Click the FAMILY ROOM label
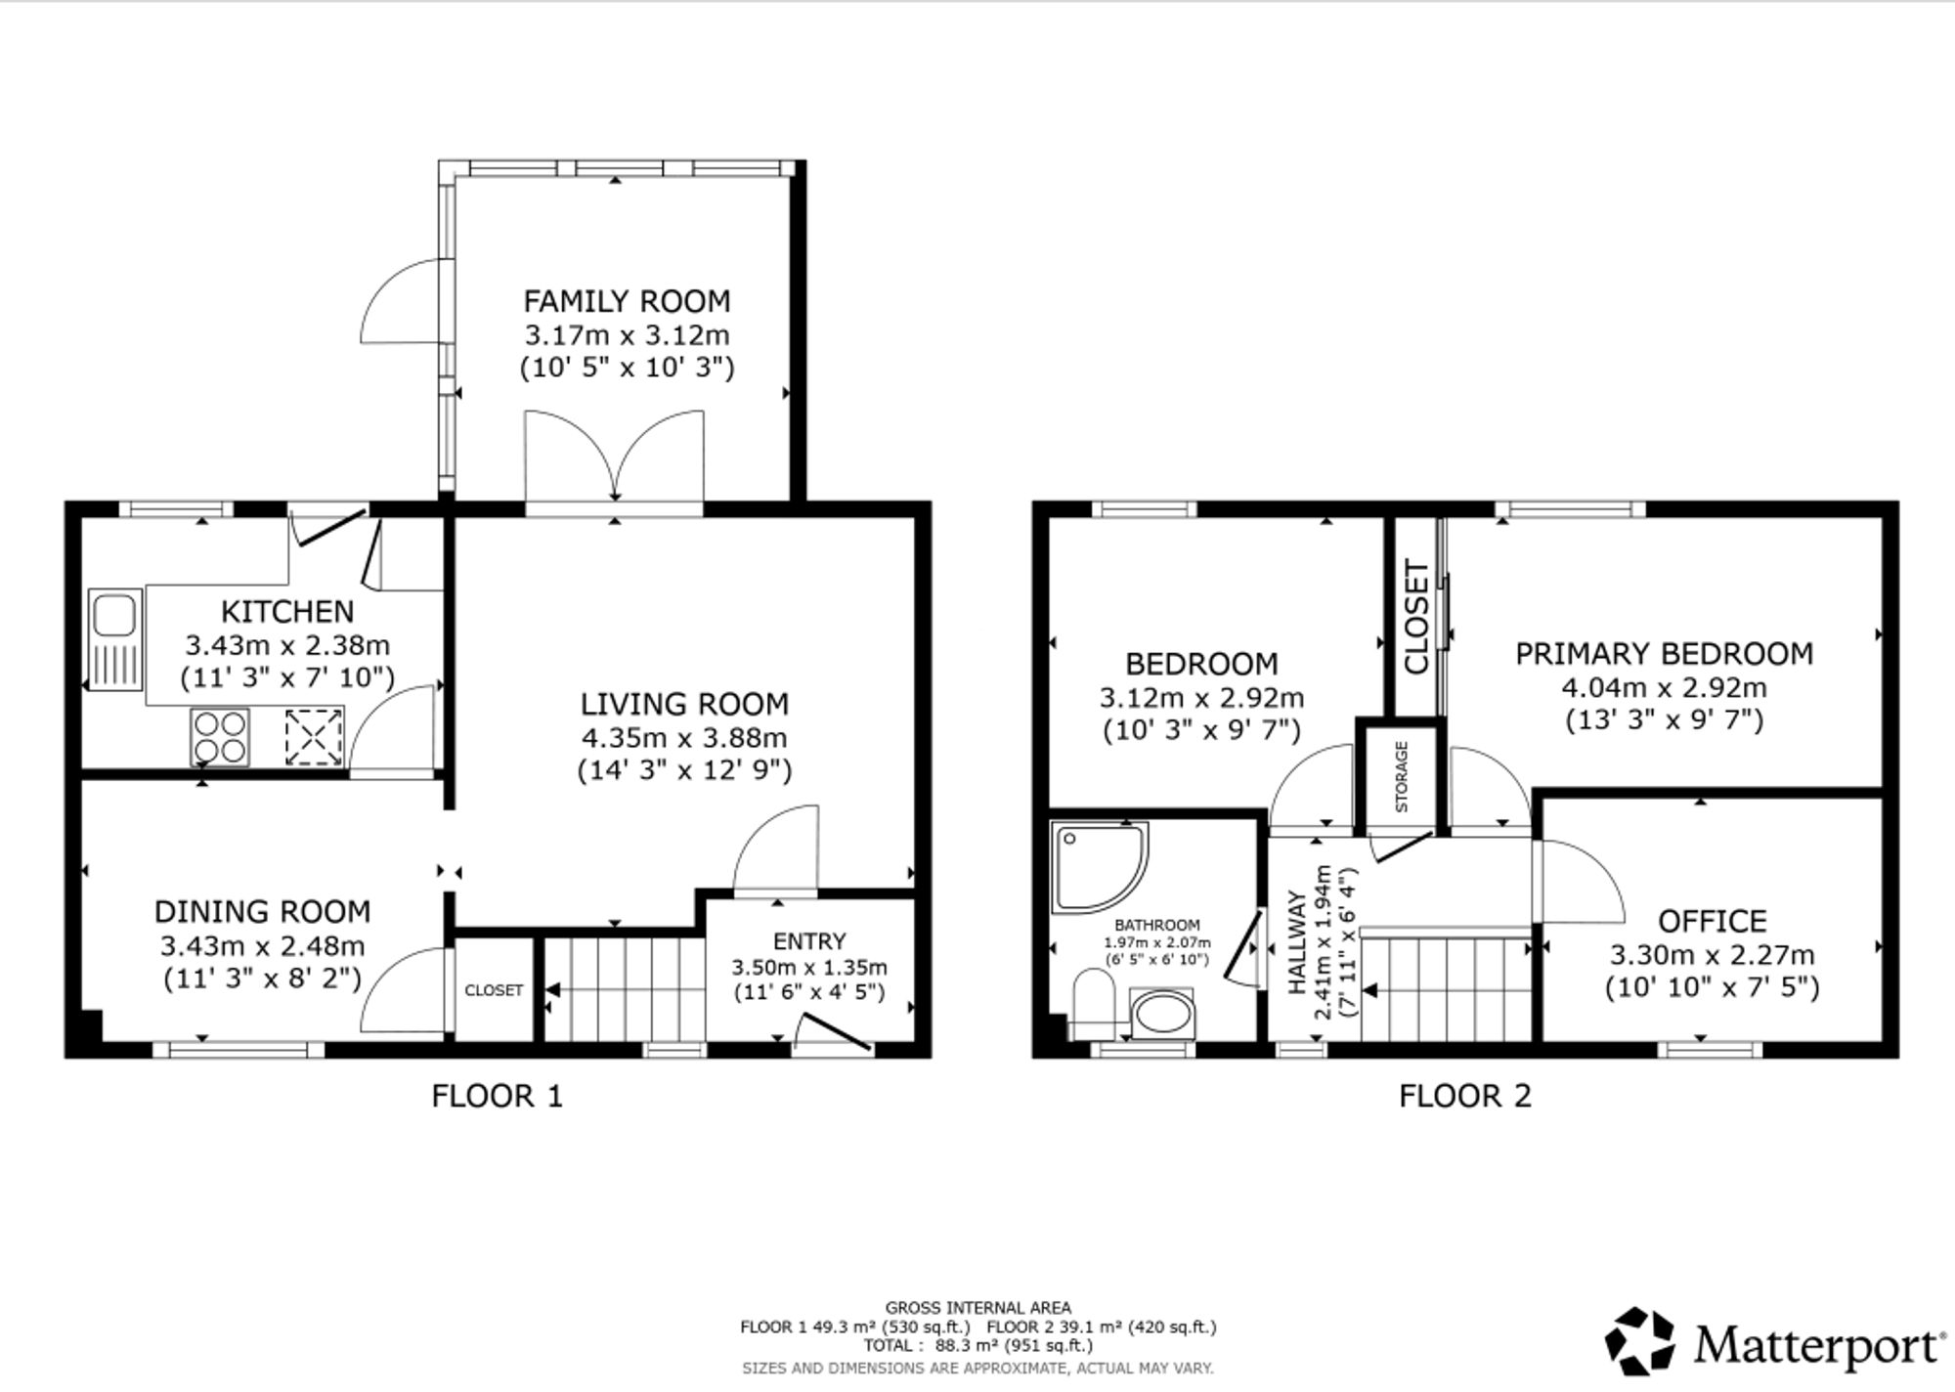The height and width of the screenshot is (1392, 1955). (627, 300)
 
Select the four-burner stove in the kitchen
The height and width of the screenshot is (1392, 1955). (220, 736)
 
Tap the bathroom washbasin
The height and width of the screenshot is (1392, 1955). (1162, 1013)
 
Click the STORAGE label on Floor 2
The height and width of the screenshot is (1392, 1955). (1402, 777)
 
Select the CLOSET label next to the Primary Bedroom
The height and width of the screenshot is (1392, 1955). (1416, 617)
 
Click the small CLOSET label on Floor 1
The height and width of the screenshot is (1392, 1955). (494, 990)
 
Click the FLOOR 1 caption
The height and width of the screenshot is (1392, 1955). (498, 1096)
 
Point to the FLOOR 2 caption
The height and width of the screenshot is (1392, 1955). (1465, 1096)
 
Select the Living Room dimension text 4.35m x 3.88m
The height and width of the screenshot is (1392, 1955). (684, 737)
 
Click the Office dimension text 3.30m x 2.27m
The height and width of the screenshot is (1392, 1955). (1713, 954)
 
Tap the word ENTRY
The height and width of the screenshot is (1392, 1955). (809, 940)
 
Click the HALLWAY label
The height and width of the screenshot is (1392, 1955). (1297, 942)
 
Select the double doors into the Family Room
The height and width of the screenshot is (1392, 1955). (615, 459)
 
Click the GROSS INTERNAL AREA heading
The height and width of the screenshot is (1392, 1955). (977, 1308)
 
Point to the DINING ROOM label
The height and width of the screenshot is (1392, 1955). (263, 912)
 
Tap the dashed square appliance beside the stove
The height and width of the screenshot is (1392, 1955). (315, 736)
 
